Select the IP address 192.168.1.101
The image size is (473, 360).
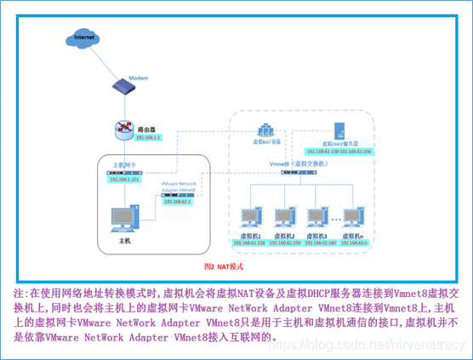click(125, 180)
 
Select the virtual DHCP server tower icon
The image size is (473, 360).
click(338, 130)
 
